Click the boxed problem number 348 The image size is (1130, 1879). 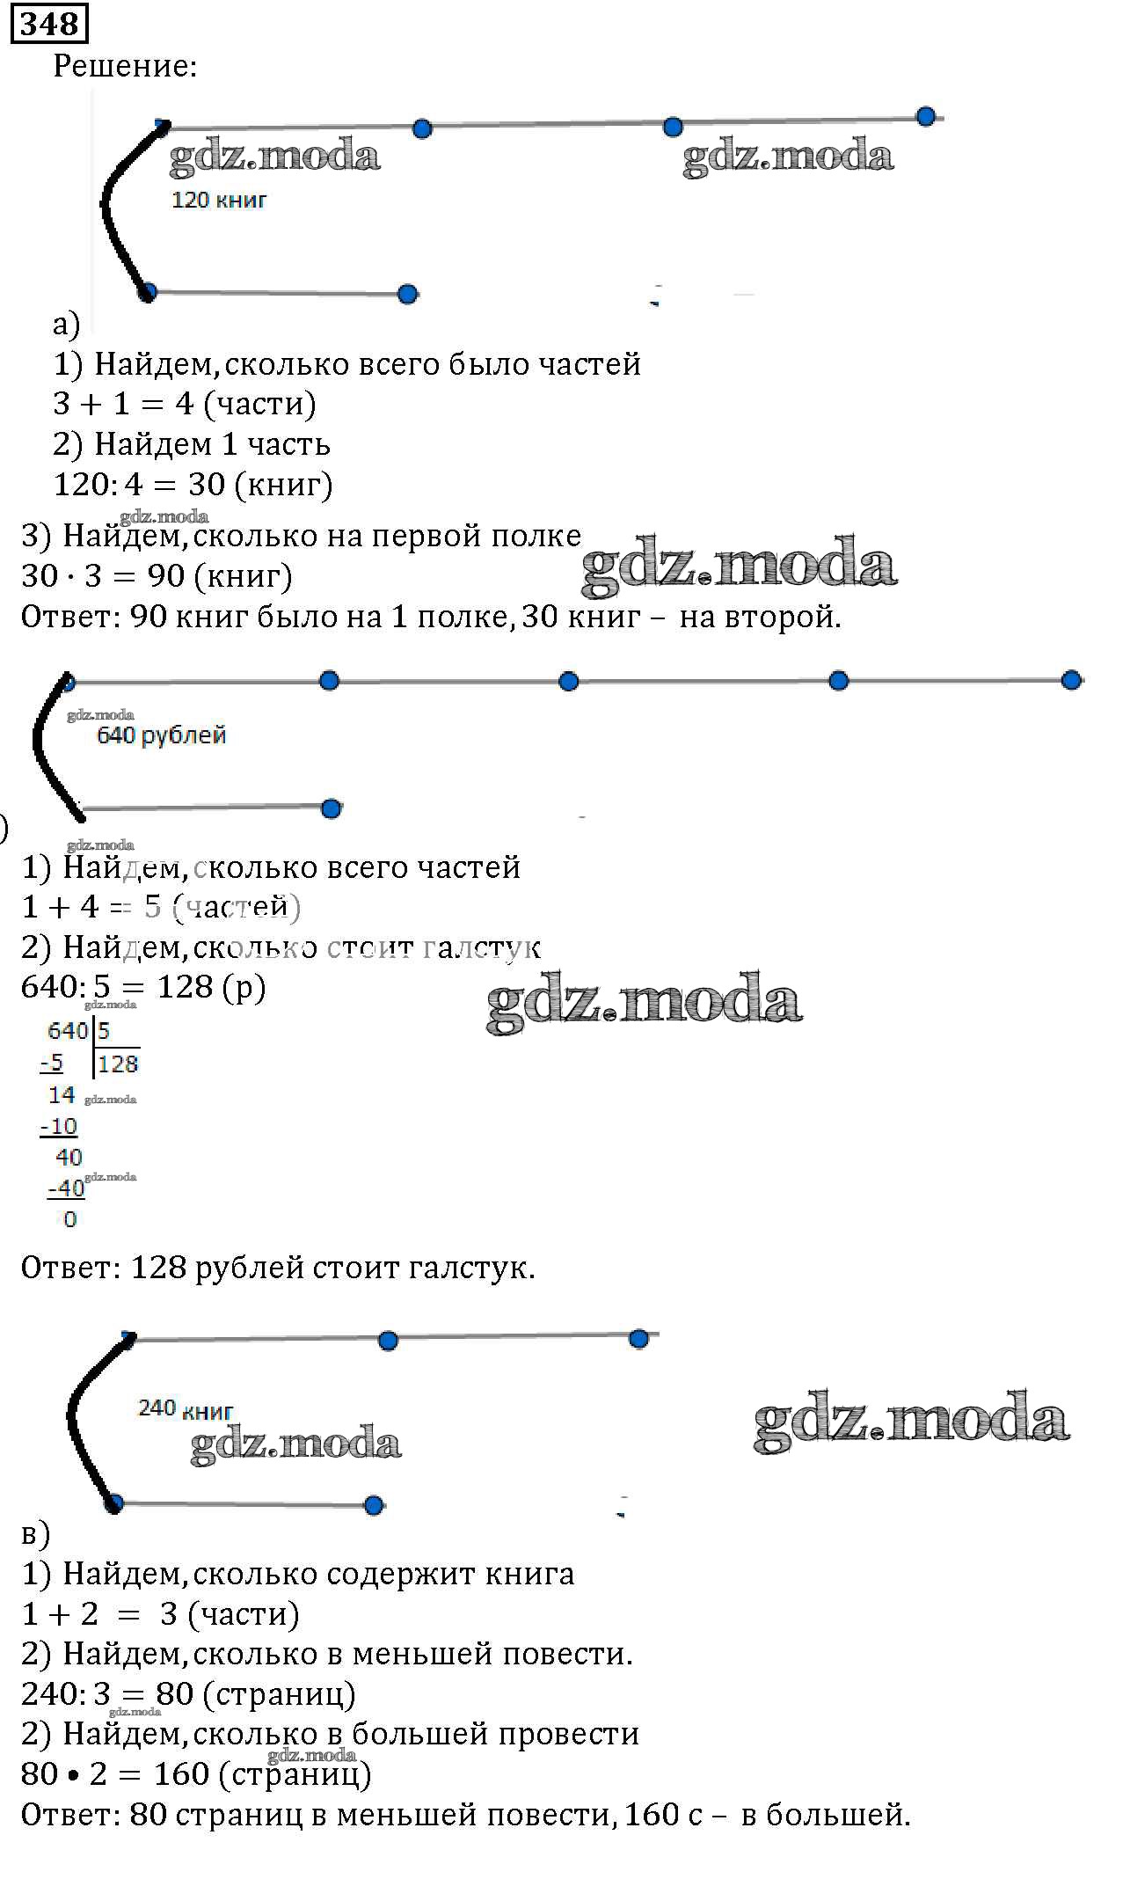(x=49, y=24)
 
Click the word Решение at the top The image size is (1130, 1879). (x=125, y=66)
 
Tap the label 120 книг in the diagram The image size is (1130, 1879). (x=218, y=201)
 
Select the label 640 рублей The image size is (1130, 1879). (x=161, y=735)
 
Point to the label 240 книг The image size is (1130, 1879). (x=186, y=1409)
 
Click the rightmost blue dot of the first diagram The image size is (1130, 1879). (x=925, y=117)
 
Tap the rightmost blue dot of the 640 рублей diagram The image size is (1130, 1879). (x=1070, y=680)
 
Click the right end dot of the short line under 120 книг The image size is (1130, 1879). (x=407, y=294)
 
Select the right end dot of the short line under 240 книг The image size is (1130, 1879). (x=374, y=1505)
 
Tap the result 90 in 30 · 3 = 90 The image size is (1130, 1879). (x=165, y=576)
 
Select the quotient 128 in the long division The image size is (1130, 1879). (x=118, y=1064)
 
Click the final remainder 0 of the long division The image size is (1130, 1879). (x=70, y=1220)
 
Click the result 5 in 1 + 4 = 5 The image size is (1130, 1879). (x=154, y=907)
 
